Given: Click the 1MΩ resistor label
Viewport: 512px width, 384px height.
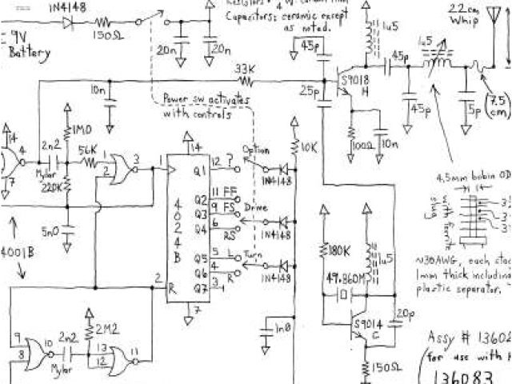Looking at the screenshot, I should [82, 130].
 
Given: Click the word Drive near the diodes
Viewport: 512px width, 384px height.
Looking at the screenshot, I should [257, 207].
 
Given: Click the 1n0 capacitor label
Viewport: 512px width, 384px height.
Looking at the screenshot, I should [282, 328].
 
